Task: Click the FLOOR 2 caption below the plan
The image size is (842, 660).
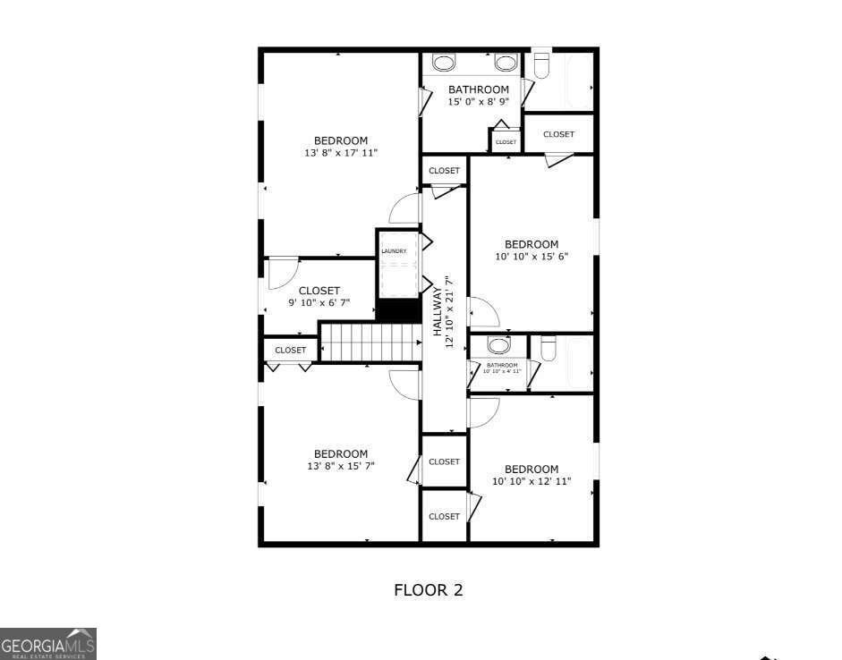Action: tap(429, 590)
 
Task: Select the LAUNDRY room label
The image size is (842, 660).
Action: tap(394, 251)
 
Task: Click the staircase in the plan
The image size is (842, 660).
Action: tap(370, 343)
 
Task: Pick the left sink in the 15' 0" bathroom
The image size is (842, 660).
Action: tap(445, 63)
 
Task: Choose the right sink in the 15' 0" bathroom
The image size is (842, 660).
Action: tap(506, 63)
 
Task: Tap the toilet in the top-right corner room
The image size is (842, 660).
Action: tap(541, 64)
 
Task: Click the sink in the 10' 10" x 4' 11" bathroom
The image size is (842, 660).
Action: tap(499, 345)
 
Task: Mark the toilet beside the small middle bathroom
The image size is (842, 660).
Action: tap(549, 346)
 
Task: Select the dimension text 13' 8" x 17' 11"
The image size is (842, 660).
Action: tap(341, 153)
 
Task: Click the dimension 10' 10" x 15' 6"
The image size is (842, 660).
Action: tap(532, 257)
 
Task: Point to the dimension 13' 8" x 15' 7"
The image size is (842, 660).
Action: tap(341, 466)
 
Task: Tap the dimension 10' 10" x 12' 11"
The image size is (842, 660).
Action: tap(532, 481)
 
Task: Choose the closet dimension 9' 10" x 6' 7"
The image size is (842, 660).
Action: tap(319, 303)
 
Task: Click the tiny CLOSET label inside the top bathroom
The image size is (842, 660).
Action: tap(506, 142)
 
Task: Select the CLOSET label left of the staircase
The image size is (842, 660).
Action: tap(290, 350)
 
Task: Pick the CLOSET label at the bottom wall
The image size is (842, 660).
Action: tap(444, 516)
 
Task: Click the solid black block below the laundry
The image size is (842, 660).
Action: tap(398, 310)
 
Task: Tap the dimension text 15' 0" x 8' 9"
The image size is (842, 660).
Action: tap(479, 102)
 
